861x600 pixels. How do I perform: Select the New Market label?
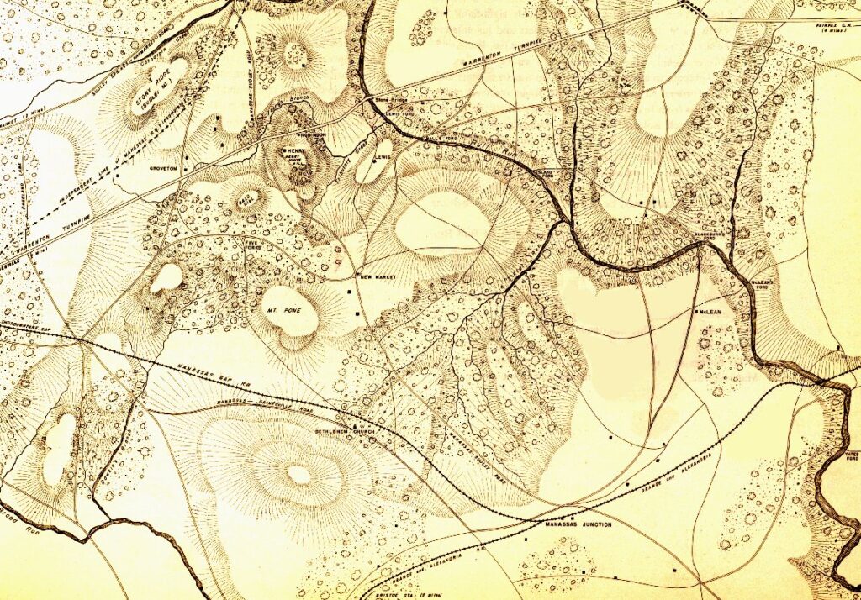pos(378,276)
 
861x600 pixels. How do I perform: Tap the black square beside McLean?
pos(695,313)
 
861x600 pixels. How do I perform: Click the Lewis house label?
pos(383,156)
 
